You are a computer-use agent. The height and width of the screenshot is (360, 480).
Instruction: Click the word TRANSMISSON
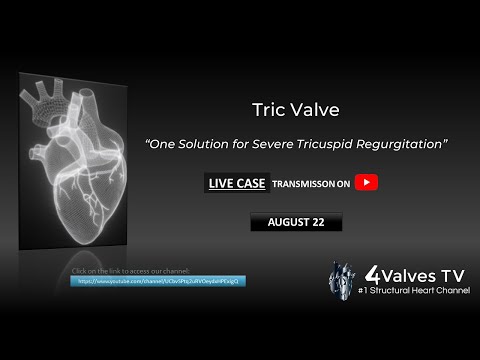point(304,183)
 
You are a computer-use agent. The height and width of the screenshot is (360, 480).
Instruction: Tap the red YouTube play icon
point(369,182)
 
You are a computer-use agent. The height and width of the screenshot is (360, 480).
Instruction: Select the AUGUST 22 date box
point(295,222)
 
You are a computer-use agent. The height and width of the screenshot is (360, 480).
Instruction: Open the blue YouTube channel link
point(158,282)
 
